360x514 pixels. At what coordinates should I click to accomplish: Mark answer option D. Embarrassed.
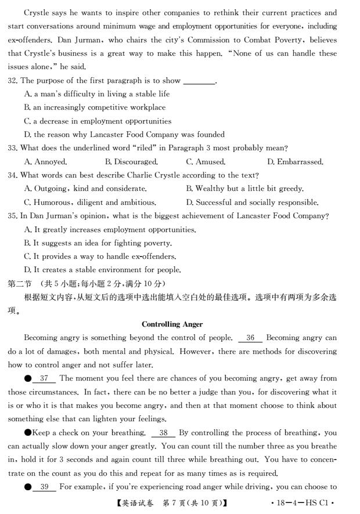[295, 162]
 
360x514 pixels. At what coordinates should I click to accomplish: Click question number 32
[12, 81]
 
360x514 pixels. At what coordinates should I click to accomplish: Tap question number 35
[12, 216]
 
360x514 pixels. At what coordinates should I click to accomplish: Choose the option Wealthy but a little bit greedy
[244, 189]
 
